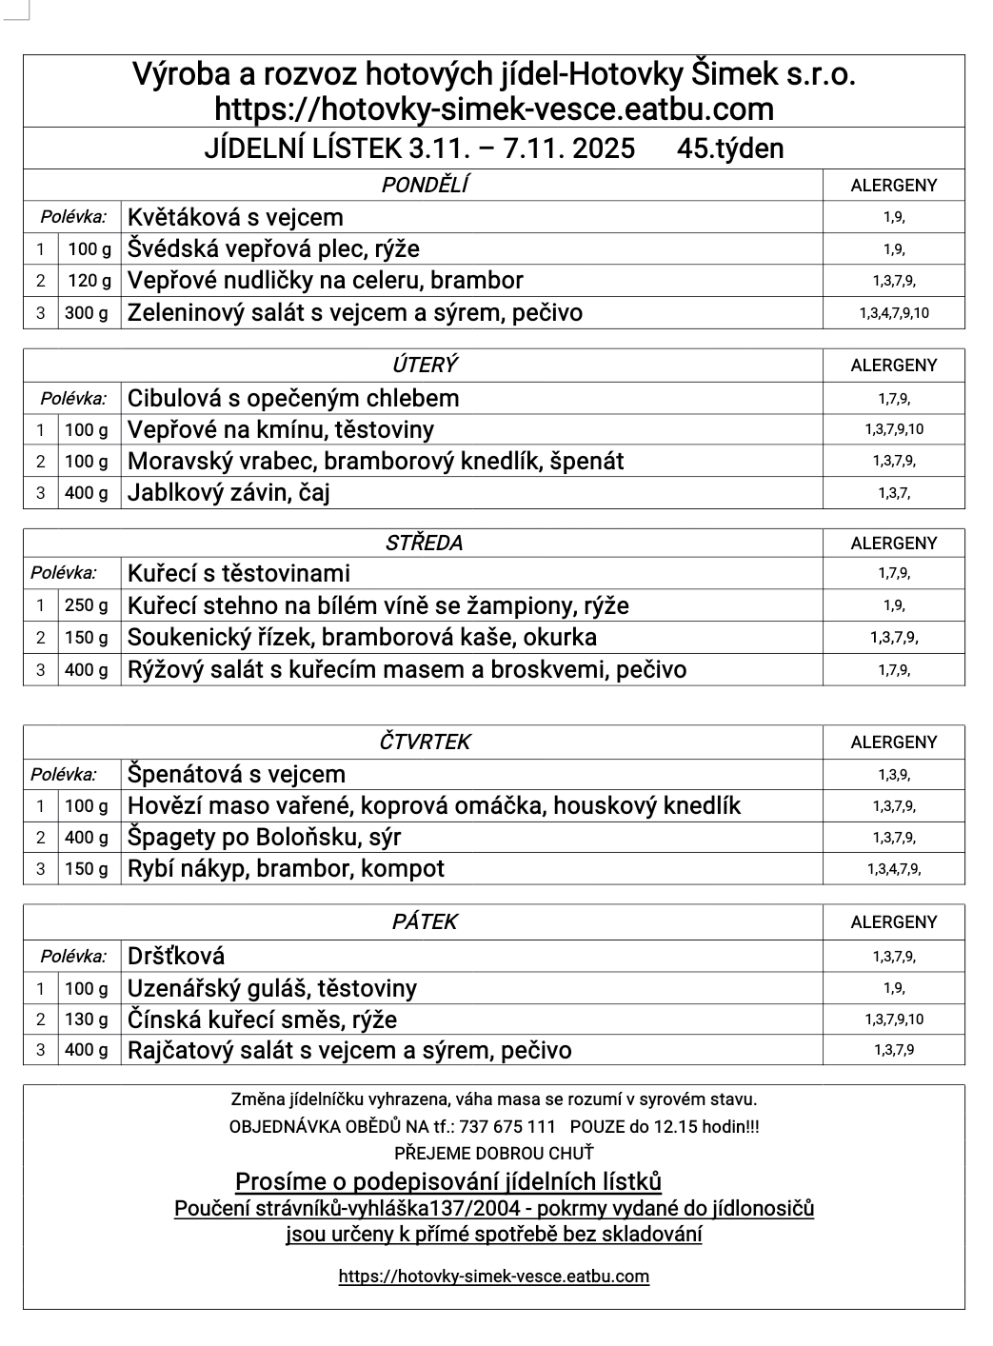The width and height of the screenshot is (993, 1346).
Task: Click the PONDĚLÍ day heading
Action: [x=424, y=185]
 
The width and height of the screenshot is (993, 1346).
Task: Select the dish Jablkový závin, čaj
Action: [x=228, y=493]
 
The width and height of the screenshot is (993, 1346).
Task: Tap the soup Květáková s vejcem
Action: [x=235, y=217]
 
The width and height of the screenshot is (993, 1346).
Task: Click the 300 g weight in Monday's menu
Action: [x=87, y=312]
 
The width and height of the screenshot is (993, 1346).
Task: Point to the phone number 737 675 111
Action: [x=506, y=1126]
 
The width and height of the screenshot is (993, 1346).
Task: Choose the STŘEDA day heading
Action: [x=424, y=544]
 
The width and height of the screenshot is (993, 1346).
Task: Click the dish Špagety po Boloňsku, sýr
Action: [x=264, y=838]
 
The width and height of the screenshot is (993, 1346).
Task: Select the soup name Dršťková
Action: [x=176, y=956]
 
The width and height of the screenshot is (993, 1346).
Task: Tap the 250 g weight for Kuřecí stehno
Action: [x=87, y=605]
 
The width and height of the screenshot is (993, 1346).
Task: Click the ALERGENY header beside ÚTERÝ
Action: [x=893, y=366]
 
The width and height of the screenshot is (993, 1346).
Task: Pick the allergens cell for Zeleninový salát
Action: [x=893, y=312]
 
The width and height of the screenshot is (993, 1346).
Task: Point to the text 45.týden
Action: [x=730, y=149]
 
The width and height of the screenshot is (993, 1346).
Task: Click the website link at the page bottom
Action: [x=493, y=1277]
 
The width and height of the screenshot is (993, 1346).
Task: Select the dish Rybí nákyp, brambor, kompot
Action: [x=286, y=869]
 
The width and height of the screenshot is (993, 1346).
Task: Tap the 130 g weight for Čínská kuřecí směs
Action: [x=87, y=1019]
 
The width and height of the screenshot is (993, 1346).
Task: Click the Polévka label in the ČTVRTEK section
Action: [x=63, y=775]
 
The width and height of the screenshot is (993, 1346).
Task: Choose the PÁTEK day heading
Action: [x=424, y=922]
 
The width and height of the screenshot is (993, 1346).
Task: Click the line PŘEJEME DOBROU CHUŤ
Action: [x=493, y=1153]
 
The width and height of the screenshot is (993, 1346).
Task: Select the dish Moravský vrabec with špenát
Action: [x=375, y=462]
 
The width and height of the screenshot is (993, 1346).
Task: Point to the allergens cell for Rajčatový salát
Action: [x=893, y=1050]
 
